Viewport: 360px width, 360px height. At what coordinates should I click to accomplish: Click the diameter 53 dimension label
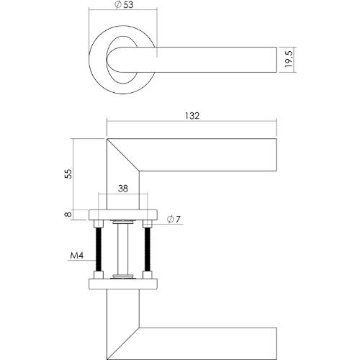(x=124, y=5)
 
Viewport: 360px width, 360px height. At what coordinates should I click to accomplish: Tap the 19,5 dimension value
(x=289, y=59)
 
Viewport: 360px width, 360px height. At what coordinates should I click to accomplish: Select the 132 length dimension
(x=192, y=116)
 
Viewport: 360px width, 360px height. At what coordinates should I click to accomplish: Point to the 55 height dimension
(x=68, y=174)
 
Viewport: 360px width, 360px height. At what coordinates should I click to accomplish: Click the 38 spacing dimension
(x=123, y=189)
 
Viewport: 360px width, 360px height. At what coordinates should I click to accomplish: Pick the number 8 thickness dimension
(x=68, y=214)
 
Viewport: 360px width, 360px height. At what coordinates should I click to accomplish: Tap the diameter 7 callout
(x=174, y=220)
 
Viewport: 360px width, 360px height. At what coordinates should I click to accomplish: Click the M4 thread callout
(x=77, y=256)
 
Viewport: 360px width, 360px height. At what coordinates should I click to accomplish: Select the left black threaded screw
(x=99, y=249)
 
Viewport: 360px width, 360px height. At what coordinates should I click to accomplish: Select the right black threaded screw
(x=147, y=249)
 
